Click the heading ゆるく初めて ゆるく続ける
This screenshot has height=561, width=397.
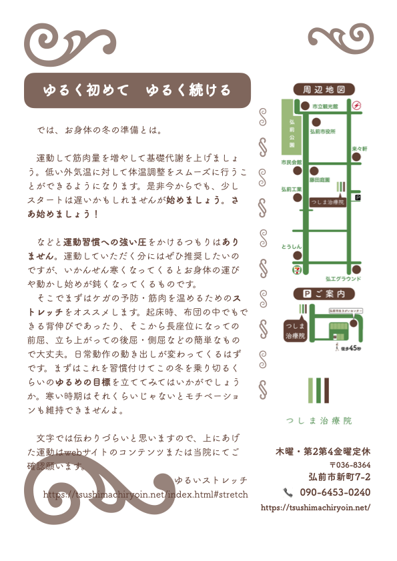(137, 90)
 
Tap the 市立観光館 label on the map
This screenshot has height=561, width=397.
(326, 106)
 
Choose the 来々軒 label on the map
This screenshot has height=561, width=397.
(359, 148)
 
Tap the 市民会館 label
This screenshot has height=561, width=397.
(292, 162)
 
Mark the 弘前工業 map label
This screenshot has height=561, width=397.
(292, 189)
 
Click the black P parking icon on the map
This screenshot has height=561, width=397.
(357, 197)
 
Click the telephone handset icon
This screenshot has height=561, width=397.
(288, 492)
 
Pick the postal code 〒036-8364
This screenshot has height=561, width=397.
(350, 464)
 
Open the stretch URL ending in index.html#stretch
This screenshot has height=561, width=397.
(145, 494)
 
